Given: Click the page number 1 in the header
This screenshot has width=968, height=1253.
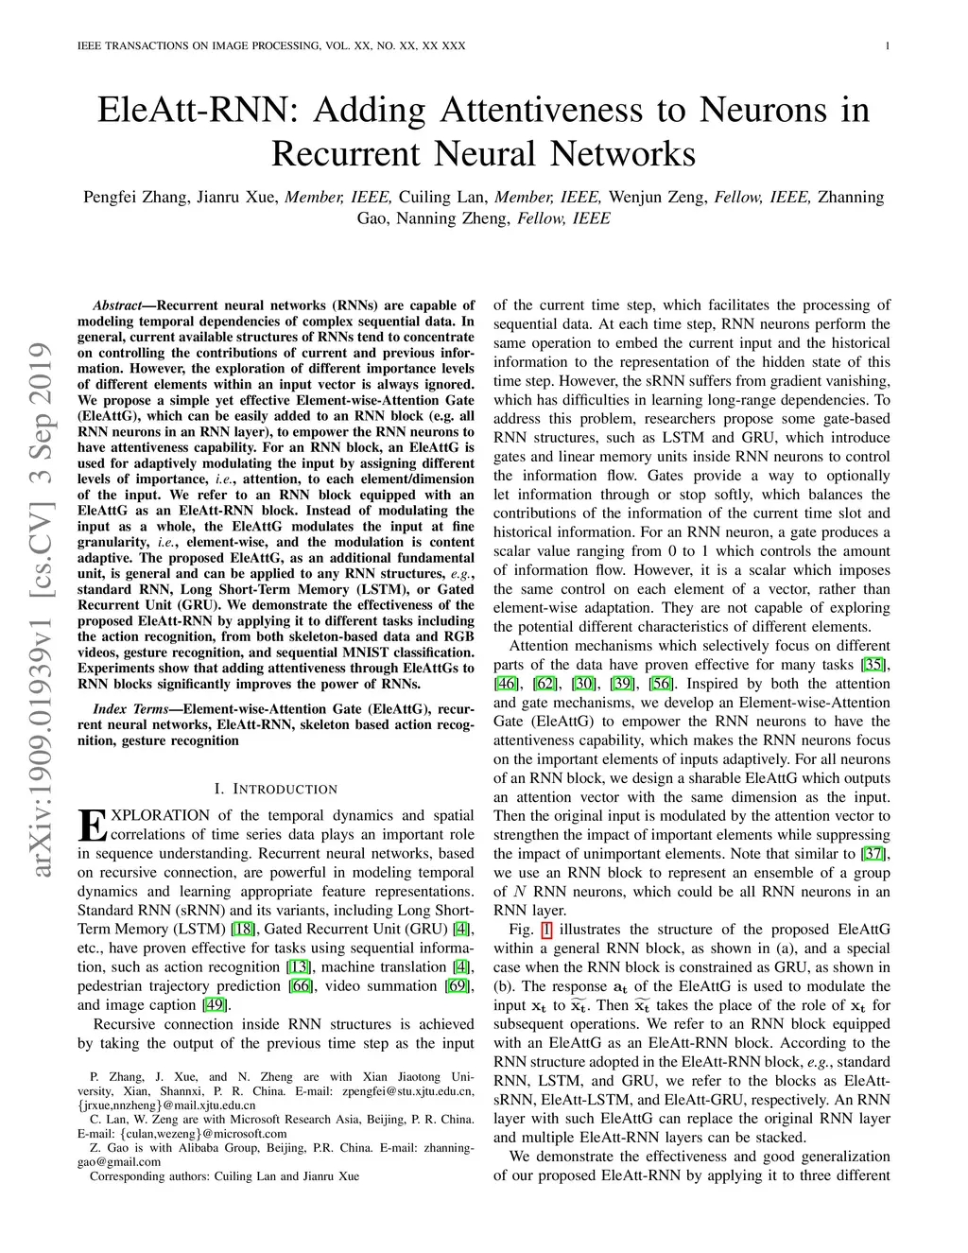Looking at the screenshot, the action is tap(888, 45).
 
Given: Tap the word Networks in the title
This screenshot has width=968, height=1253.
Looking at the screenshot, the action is tap(622, 153).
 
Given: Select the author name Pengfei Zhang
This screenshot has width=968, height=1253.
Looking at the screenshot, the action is tap(136, 198).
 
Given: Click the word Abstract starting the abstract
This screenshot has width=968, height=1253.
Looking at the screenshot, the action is tap(117, 305).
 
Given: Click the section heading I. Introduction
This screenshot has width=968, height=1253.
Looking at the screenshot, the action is tap(275, 789).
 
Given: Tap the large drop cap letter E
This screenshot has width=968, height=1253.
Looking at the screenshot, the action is tap(93, 827).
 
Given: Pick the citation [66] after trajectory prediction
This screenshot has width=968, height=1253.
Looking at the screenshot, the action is tap(301, 986).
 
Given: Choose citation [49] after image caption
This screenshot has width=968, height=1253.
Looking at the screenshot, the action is tap(215, 1005).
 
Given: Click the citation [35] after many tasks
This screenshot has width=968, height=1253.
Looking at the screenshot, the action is tap(873, 665).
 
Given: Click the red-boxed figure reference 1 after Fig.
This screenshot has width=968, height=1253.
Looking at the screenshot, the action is tap(546, 930).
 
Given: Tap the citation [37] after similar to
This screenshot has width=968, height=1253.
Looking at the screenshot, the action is tap(873, 853).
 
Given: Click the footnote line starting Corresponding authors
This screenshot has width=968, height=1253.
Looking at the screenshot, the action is tap(224, 1176).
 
